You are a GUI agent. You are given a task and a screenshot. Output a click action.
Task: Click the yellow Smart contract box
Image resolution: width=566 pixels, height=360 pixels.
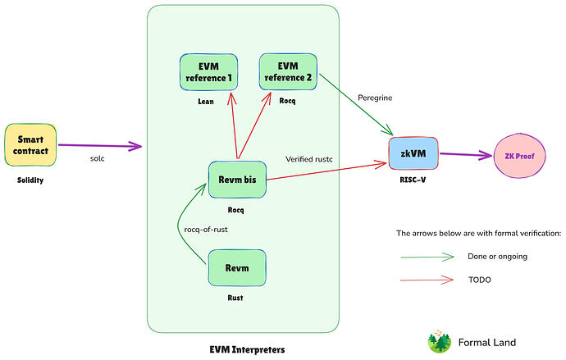click(30, 144)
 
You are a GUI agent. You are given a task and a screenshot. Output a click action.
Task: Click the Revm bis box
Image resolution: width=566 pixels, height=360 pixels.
click(237, 178)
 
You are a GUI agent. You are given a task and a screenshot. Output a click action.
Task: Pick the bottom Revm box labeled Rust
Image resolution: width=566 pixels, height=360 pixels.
click(237, 268)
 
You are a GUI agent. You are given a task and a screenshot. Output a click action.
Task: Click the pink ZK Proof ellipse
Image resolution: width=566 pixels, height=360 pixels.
click(518, 156)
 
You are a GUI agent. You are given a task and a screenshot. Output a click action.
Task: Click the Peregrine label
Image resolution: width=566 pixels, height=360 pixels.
click(376, 98)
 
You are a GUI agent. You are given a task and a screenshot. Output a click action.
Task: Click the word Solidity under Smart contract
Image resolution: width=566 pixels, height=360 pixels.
click(29, 179)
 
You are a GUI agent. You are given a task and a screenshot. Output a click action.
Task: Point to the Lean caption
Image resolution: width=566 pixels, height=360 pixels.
click(207, 104)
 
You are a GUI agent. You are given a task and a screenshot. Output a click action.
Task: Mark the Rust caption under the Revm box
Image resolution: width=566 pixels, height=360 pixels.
click(237, 298)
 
